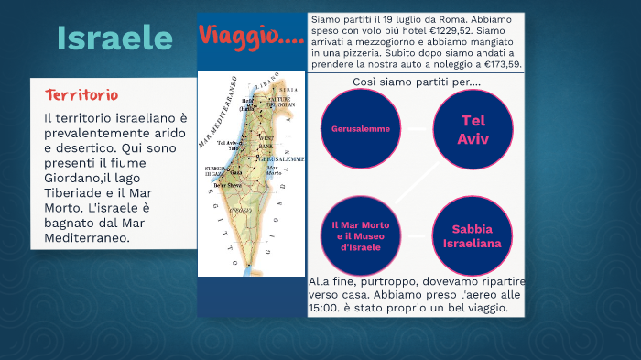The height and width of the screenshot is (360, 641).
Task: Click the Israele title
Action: tap(114, 38)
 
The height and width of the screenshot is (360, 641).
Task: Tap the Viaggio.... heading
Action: tap(251, 38)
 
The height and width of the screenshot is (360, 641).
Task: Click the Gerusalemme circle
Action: tap(361, 128)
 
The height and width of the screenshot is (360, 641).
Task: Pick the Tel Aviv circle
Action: tap(473, 129)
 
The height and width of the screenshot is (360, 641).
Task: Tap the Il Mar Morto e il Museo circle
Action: tap(361, 235)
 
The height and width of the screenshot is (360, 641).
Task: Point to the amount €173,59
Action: tap(498, 64)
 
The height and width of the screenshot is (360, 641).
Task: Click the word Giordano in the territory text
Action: tap(77, 180)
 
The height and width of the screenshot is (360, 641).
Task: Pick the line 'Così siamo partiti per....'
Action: tap(417, 82)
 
